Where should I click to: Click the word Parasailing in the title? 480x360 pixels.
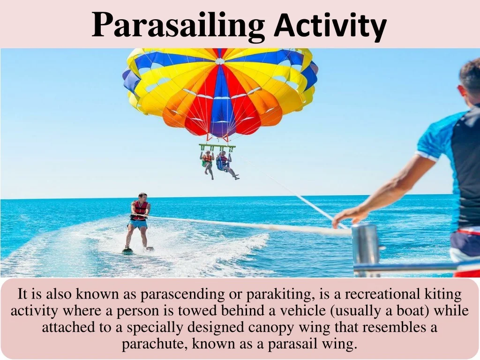pos(178,25)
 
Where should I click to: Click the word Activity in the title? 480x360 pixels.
pos(330,25)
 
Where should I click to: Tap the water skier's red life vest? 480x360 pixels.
pos(140,210)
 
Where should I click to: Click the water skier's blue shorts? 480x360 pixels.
pos(137,224)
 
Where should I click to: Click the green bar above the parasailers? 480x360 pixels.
pos(217,146)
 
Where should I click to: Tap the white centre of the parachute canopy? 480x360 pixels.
pos(219,61)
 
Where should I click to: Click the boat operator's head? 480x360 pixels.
pos(470,81)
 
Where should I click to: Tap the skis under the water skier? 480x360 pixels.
pos(138,250)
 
